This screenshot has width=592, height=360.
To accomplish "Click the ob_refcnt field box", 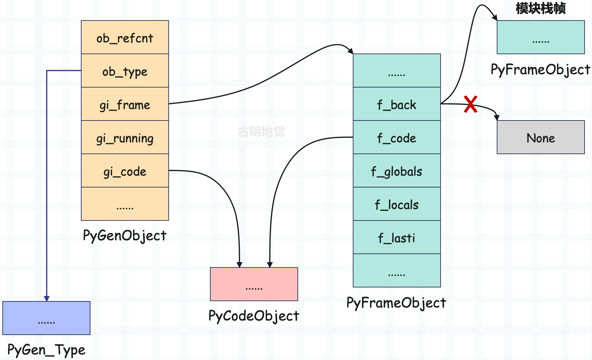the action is click(x=125, y=37).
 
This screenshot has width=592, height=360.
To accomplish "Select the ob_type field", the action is click(x=125, y=71).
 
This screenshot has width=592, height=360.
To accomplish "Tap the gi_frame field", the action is click(x=125, y=104).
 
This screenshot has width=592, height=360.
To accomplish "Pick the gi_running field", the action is click(x=125, y=137).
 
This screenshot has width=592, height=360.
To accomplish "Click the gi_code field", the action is click(x=125, y=170).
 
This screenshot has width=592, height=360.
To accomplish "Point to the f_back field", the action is click(x=397, y=104).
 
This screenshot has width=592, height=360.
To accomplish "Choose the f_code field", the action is click(x=397, y=137).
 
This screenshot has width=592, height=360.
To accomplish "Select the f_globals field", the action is click(x=397, y=170).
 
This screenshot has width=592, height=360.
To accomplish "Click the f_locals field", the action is click(x=397, y=204).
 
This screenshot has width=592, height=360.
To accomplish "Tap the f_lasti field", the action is click(x=397, y=237).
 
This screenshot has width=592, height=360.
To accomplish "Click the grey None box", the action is click(x=541, y=137).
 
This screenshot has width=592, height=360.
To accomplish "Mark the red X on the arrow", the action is click(x=471, y=104).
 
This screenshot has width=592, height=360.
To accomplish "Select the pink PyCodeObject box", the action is click(x=254, y=284).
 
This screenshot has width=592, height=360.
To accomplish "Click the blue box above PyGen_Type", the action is click(x=46, y=318).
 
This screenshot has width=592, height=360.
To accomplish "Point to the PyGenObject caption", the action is click(x=125, y=236).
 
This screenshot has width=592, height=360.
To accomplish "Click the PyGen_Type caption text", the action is click(x=46, y=350).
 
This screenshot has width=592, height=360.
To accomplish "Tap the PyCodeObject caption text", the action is click(x=254, y=316).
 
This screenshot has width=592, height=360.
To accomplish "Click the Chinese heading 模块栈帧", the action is click(x=541, y=8).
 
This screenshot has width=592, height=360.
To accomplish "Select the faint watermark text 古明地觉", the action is click(x=261, y=132).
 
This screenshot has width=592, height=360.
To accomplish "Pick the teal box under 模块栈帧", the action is click(x=541, y=37).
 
